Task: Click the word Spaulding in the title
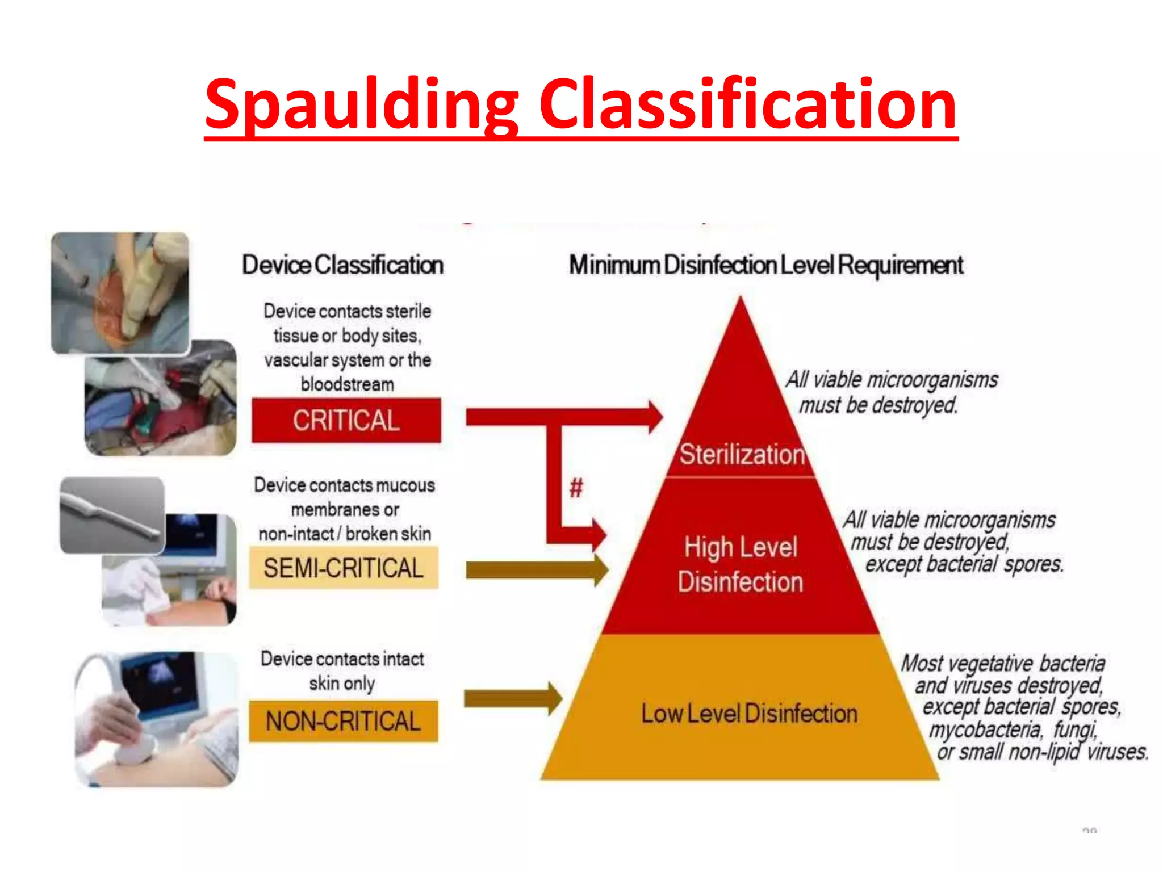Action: [x=361, y=105]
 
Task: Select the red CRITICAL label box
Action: [x=346, y=421]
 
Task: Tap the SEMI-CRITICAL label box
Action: [x=344, y=568]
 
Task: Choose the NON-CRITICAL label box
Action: [x=344, y=722]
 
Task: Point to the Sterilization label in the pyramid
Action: [x=742, y=455]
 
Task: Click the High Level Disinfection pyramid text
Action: [x=741, y=564]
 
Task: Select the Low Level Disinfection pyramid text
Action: [x=749, y=714]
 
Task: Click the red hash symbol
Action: [x=576, y=488]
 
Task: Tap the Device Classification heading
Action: [x=342, y=265]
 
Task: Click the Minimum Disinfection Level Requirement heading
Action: [x=766, y=265]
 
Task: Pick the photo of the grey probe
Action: [x=112, y=515]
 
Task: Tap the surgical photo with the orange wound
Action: [x=120, y=293]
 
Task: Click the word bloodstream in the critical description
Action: [x=347, y=385]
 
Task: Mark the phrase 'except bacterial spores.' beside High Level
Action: [x=964, y=565]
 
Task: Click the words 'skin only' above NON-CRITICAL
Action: [x=342, y=684]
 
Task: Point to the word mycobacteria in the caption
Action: [x=985, y=730]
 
